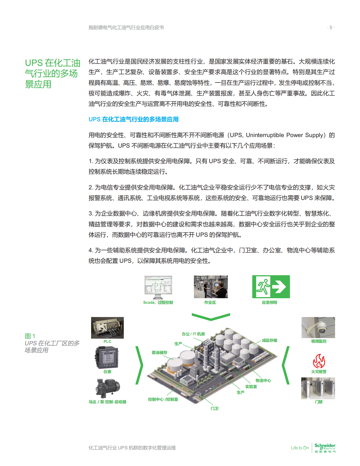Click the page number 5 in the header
pyautogui.click(x=331, y=27)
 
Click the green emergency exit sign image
pyautogui.click(x=271, y=287)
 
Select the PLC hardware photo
pyautogui.click(x=107, y=328)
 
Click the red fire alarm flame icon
pyautogui.click(x=319, y=361)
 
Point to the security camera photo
pyautogui.click(x=318, y=328)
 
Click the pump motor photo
pyautogui.click(x=107, y=388)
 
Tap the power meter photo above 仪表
pyautogui.click(x=107, y=358)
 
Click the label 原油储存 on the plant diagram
pyautogui.click(x=160, y=352)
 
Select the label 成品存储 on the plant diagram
pyautogui.click(x=269, y=340)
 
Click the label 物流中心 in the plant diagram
pyautogui.click(x=263, y=380)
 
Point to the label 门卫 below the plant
pyautogui.click(x=214, y=408)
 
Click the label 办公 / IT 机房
pyautogui.click(x=193, y=334)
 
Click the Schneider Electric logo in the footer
pyautogui.click(x=325, y=447)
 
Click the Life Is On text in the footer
pyautogui.click(x=300, y=448)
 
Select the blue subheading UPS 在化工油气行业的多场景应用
pyautogui.click(x=133, y=119)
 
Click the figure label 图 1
pyautogui.click(x=30, y=336)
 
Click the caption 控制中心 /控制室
pyautogui.click(x=163, y=399)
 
